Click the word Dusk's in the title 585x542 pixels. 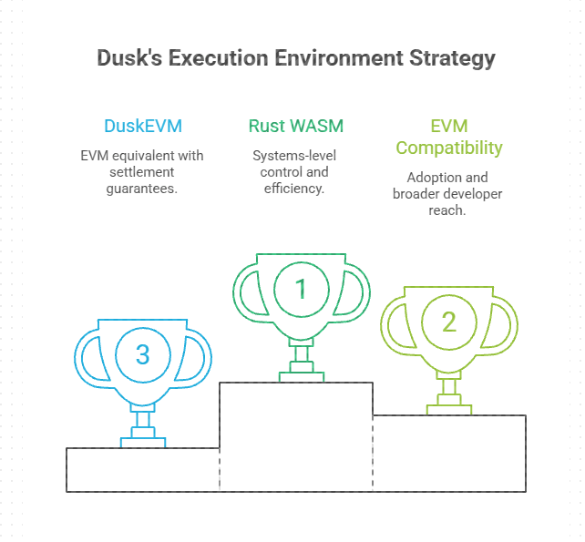[129, 58]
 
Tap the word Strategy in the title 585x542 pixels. [452, 59]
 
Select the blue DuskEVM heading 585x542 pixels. [143, 126]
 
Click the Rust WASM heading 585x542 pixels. [296, 126]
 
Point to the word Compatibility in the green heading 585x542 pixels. [449, 148]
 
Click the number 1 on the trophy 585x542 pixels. [301, 289]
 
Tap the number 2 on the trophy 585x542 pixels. [449, 322]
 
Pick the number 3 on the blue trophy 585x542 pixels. [143, 354]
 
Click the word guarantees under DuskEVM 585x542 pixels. [142, 189]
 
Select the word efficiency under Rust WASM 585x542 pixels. [294, 189]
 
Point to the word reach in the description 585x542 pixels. [447, 210]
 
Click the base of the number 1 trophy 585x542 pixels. [302, 377]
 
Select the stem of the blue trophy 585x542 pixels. [143, 420]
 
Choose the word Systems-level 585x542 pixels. [294, 156]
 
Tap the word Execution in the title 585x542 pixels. [219, 58]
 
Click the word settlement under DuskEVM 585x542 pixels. [142, 172]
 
